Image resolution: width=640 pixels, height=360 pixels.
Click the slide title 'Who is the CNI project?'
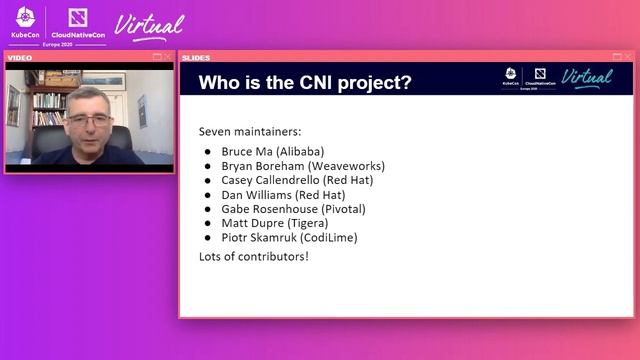tap(305, 82)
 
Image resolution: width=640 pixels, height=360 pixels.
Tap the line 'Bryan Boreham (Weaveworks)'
tap(302, 166)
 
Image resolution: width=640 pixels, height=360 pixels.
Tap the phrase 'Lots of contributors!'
tap(253, 257)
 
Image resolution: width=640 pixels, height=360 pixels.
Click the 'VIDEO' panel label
tap(20, 57)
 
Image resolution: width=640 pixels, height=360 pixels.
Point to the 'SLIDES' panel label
tap(196, 57)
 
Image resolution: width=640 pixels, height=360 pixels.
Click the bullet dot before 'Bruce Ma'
tap(208, 152)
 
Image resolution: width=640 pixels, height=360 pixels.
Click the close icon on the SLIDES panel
tap(627, 57)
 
